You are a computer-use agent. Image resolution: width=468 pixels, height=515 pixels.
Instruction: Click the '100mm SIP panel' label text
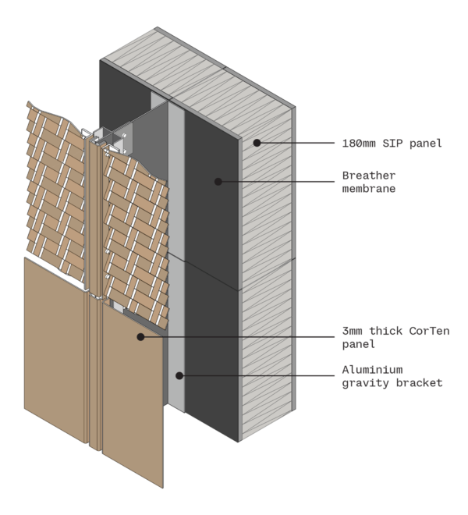[x=392, y=144]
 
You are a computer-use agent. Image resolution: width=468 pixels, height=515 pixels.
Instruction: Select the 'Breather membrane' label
[x=369, y=182]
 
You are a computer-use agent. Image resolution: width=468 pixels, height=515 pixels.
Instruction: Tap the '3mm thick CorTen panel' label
[x=395, y=337]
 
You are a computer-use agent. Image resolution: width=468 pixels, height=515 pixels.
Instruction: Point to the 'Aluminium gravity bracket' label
[x=392, y=376]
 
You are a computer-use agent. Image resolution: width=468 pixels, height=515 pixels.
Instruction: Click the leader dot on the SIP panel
[x=256, y=143]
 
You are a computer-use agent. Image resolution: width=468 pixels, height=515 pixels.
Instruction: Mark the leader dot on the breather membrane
[x=218, y=181]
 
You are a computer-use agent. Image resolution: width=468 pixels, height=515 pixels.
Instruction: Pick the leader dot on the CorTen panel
[x=140, y=336]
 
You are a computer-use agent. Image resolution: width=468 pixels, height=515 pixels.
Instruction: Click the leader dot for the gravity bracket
[x=179, y=375]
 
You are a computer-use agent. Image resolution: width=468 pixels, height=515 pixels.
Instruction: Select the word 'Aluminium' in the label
[x=373, y=370]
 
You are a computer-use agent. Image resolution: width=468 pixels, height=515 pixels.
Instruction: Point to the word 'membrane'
[x=369, y=189]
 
